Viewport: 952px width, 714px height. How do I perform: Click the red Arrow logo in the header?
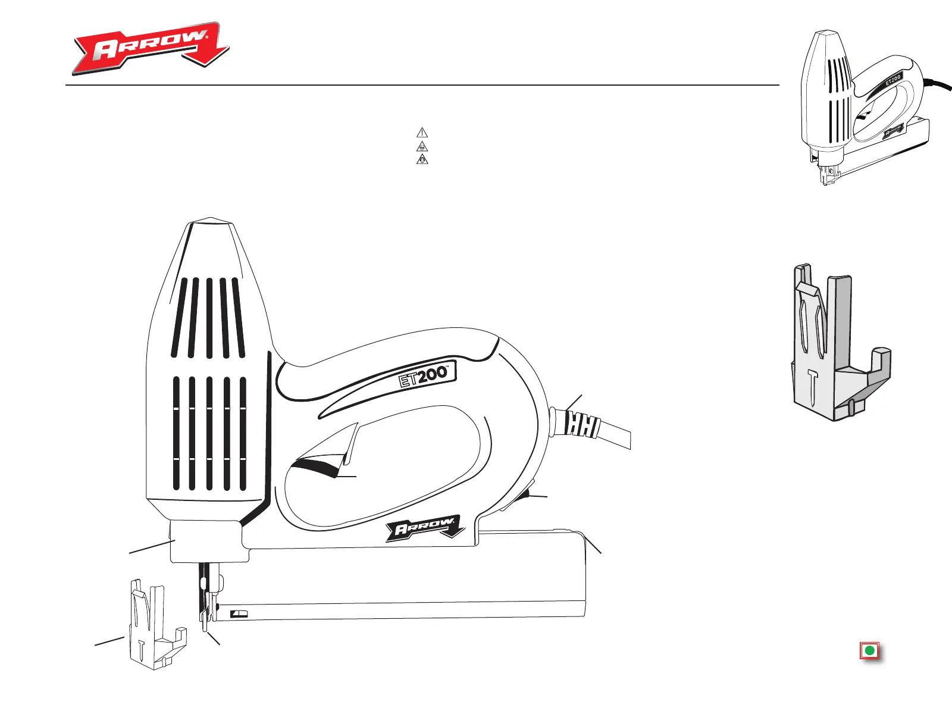[x=151, y=48]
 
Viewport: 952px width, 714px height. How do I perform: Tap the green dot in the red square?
[x=869, y=651]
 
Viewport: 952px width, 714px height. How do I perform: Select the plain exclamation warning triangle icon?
[x=422, y=133]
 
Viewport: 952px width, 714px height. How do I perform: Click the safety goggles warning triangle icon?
[x=422, y=146]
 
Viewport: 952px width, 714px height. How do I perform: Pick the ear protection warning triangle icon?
[x=422, y=159]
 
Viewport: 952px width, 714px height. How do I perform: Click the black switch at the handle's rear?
[x=524, y=499]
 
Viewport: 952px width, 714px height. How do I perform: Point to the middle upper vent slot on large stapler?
[x=209, y=318]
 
